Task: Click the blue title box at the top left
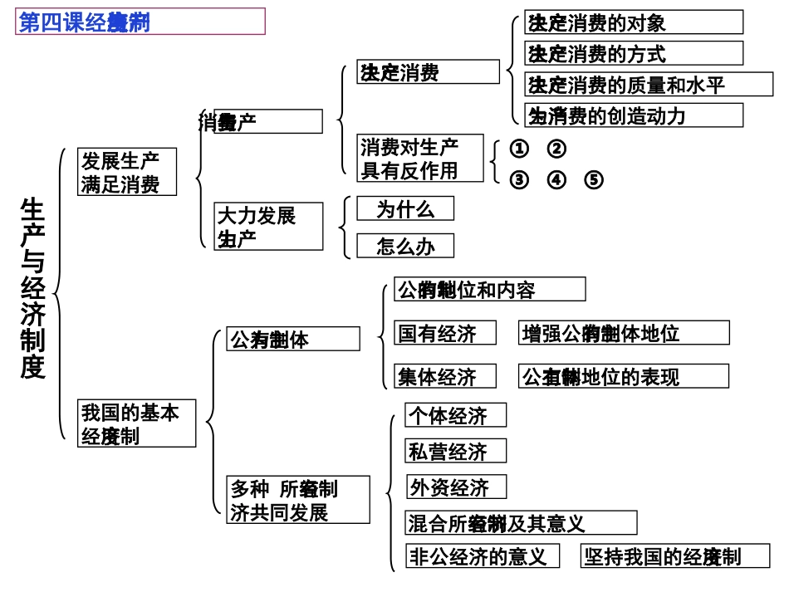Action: [x=140, y=22]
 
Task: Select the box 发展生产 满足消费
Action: [x=128, y=172]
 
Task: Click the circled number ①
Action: [x=519, y=149]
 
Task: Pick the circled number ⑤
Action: [x=594, y=180]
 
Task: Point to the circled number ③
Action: [x=519, y=180]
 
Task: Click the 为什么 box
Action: [x=405, y=209]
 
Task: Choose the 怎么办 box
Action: [x=405, y=246]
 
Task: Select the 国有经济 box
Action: [x=445, y=334]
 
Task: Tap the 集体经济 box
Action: [x=445, y=377]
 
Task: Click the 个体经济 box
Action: [x=455, y=414]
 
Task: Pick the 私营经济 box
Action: [x=455, y=451]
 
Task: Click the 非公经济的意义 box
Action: [x=482, y=556]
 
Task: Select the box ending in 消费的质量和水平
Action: [x=649, y=85]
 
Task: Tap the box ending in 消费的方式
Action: [x=634, y=53]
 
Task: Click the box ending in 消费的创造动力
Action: [x=634, y=115]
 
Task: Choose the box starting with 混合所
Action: [x=521, y=523]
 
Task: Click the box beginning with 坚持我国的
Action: [x=674, y=556]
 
